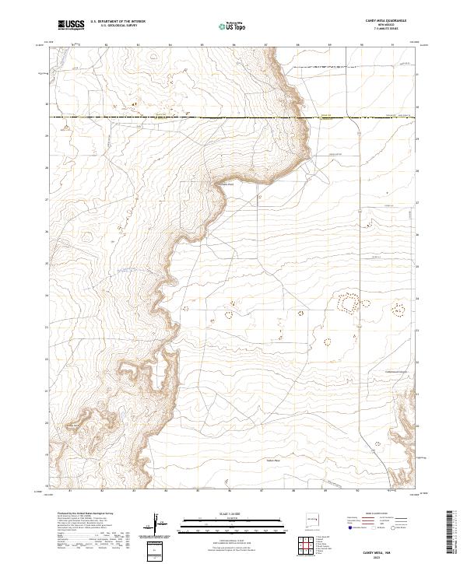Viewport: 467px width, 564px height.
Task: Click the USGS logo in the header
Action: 71,26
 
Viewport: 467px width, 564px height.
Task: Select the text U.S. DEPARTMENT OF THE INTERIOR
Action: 118,23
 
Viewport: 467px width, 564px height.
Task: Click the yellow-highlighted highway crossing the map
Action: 233,117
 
